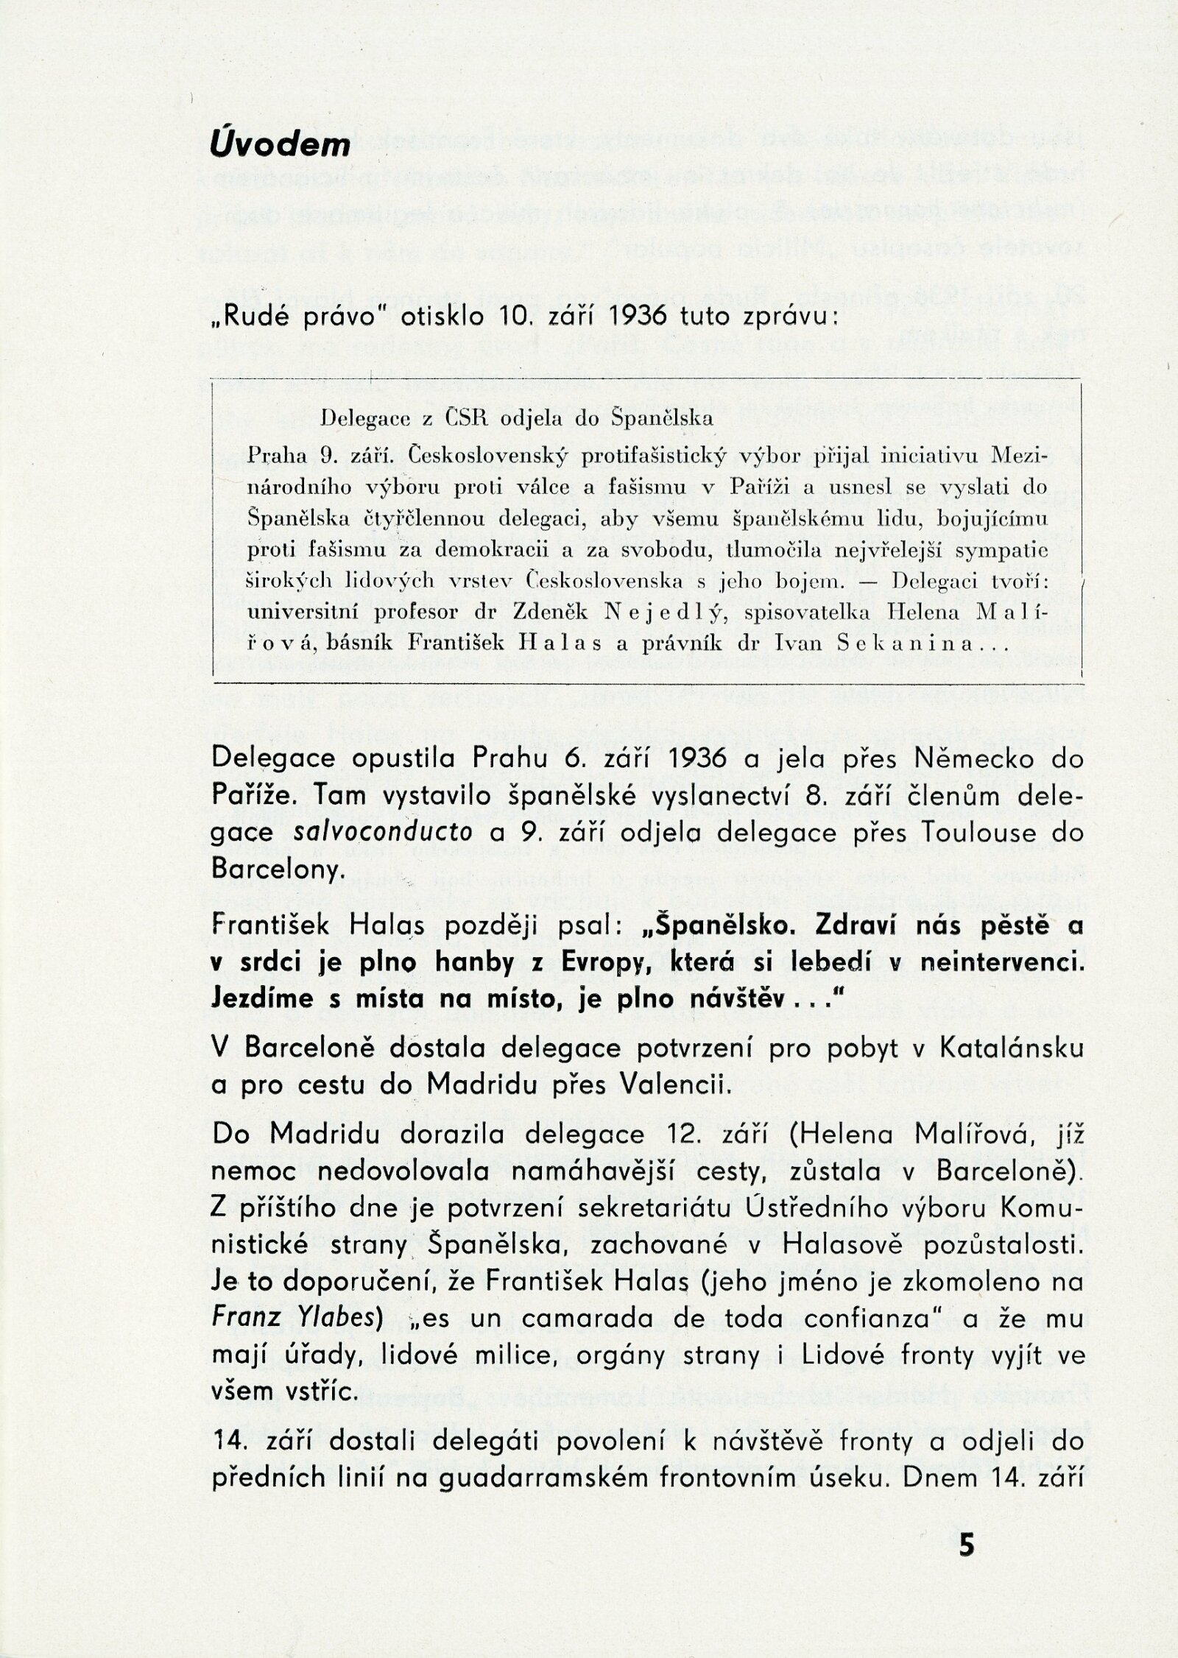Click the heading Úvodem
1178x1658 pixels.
(279, 144)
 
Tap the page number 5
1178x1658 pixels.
(967, 1579)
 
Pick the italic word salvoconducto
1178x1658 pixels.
(383, 832)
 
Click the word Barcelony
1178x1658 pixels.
(278, 869)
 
